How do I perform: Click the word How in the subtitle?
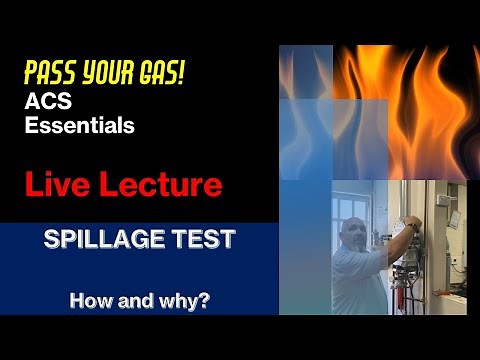click(87, 299)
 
